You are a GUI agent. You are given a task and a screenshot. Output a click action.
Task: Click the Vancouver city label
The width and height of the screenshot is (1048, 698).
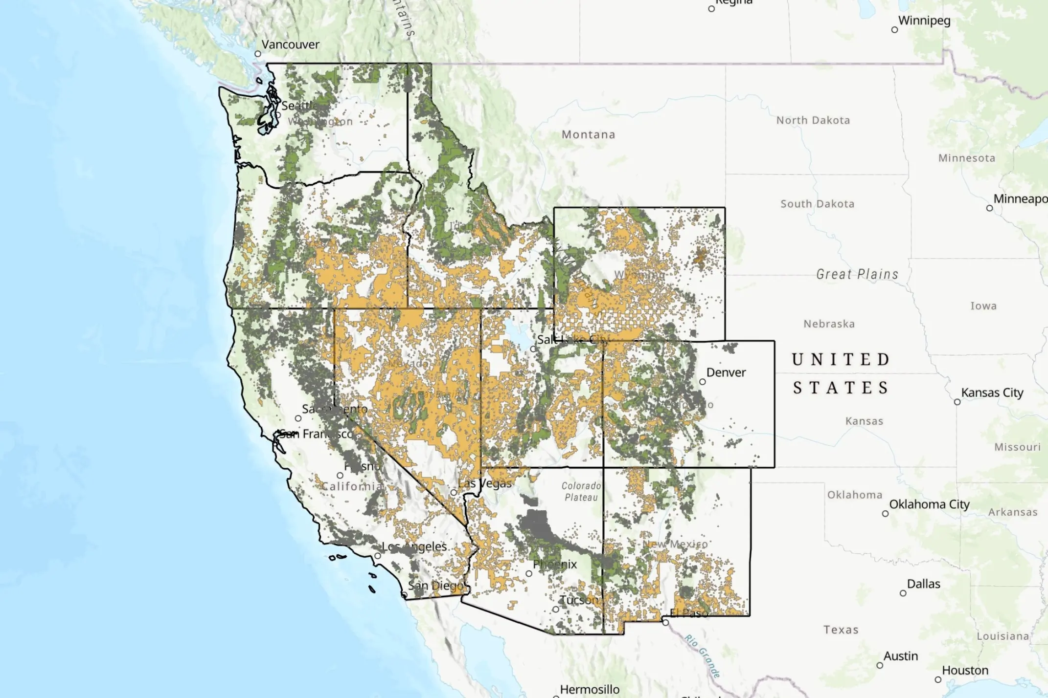[x=290, y=44]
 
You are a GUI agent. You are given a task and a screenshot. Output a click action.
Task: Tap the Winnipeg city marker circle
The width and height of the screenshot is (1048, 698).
[x=894, y=30]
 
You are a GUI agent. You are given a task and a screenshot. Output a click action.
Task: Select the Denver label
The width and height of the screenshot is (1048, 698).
[x=726, y=372]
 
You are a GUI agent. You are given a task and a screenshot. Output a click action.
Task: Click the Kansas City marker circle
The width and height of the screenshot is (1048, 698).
[x=957, y=402]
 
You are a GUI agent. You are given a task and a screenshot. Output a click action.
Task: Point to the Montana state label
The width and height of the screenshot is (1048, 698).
[x=588, y=134]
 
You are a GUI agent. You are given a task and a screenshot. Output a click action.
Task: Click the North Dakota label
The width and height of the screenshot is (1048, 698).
[x=813, y=120]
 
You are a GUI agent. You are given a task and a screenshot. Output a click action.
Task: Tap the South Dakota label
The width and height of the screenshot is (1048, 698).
[x=817, y=204]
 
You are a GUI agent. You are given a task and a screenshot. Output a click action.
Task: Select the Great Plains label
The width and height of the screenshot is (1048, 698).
[x=857, y=274]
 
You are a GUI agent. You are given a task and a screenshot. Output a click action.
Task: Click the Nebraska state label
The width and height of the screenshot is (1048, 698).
[x=829, y=324]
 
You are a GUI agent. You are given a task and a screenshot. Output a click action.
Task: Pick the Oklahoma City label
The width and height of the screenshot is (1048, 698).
[x=929, y=504]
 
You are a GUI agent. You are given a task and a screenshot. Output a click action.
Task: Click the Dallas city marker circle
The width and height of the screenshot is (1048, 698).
[x=903, y=593]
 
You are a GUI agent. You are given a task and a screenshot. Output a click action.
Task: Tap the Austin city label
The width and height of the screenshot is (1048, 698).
[x=900, y=656]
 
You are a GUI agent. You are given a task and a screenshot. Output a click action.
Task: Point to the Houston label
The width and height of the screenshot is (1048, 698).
[x=965, y=671]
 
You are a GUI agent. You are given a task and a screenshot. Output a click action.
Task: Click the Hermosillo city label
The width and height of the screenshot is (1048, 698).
[x=590, y=690]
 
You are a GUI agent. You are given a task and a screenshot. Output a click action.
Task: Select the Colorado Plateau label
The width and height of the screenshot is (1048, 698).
[x=581, y=492]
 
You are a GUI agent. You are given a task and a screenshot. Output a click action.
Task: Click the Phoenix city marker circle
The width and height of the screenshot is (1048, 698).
[x=529, y=574]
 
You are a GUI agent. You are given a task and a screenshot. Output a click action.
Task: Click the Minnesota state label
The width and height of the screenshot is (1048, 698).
[x=966, y=158]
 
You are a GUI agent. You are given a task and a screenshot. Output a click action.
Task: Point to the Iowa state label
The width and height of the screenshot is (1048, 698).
[x=983, y=306]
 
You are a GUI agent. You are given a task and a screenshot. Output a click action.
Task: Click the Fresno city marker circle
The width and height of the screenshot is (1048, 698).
[x=340, y=475]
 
